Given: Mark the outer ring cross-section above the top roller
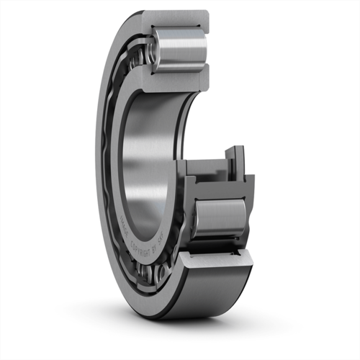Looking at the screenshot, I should pos(180,19).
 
